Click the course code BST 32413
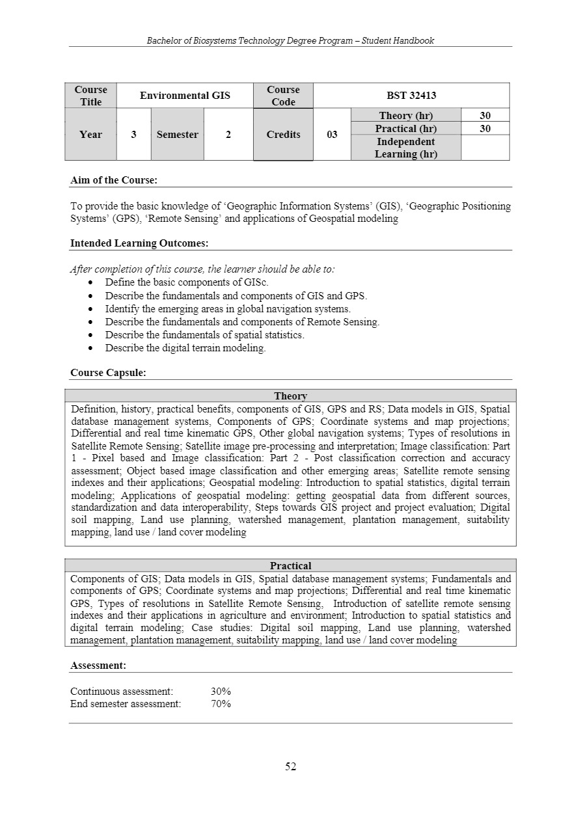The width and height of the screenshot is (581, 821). pos(411,96)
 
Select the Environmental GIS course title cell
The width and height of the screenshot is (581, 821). pos(185,96)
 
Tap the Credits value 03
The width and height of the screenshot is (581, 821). pos(332,135)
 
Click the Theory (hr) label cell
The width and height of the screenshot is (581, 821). pos(405,116)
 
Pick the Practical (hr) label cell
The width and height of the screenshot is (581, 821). pos(405,129)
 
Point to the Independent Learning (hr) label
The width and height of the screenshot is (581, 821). pos(405,148)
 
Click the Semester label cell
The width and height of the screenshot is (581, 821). pos(177,135)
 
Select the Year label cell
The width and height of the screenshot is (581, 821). pos(90,135)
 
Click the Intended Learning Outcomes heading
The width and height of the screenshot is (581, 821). pos(139,243)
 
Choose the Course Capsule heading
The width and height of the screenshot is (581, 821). pos(108,373)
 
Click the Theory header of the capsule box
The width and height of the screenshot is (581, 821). pos(290,396)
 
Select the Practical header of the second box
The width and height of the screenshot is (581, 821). pos(290,566)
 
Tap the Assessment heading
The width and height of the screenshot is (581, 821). pos(98,666)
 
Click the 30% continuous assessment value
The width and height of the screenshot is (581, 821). pos(221,691)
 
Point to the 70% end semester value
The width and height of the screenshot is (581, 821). pos(221,703)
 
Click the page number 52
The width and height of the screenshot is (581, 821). pos(290,766)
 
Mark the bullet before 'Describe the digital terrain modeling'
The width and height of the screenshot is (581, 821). pos(90,348)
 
